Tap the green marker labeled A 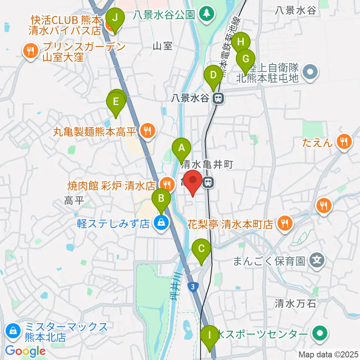point(182,148)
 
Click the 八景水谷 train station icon point(217,99)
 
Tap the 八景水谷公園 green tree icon point(205,14)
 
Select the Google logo point(25,351)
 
